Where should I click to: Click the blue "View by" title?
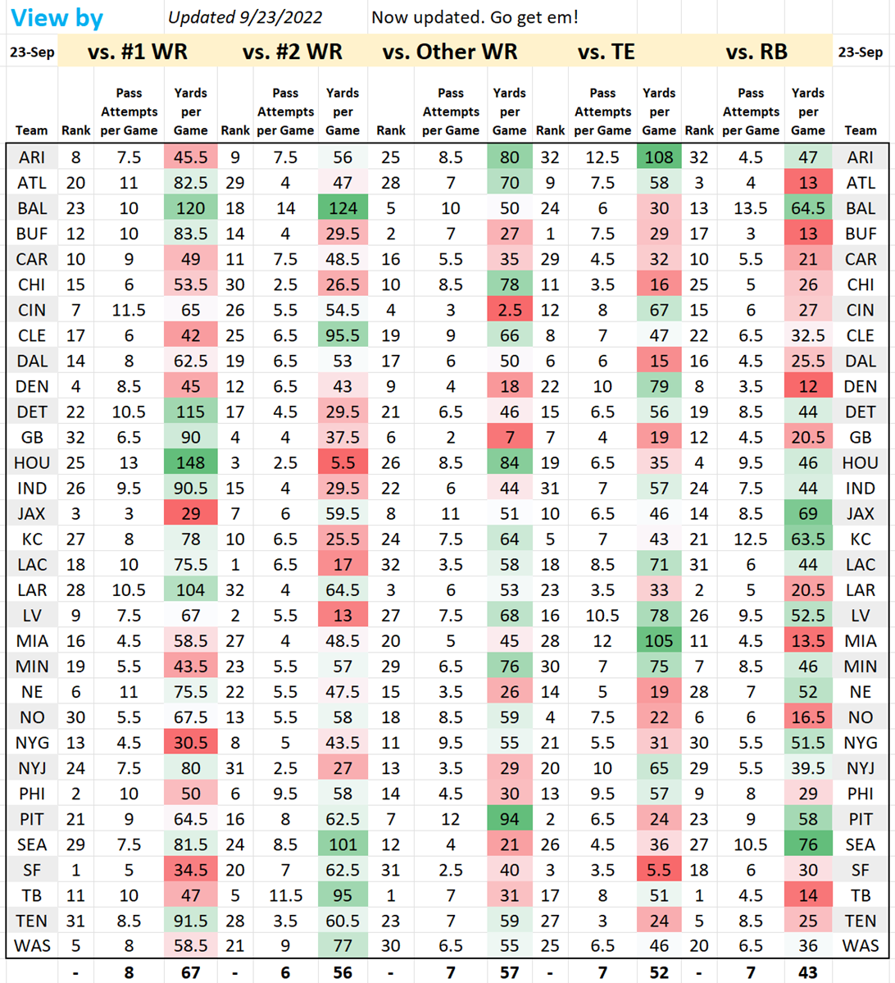(57, 17)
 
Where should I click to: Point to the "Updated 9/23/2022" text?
(245, 17)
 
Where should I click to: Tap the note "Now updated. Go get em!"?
(475, 17)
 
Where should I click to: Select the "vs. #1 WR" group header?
(137, 52)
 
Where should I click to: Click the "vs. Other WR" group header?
(450, 52)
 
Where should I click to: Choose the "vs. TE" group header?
(606, 52)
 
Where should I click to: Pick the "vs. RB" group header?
(756, 52)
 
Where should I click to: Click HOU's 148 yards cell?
(190, 462)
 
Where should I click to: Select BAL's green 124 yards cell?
(343, 208)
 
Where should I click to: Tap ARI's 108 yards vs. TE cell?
(659, 157)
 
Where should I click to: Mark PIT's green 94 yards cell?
(510, 819)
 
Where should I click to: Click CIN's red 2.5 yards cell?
(510, 310)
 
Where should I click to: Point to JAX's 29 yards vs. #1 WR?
(190, 513)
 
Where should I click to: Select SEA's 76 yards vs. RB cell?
(808, 844)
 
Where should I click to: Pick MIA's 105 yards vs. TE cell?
(659, 641)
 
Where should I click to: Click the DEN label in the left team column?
(32, 386)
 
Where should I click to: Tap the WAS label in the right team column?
(861, 946)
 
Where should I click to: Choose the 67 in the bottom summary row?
(190, 972)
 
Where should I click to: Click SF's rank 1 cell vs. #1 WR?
(75, 870)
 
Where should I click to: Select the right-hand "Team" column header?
(861, 130)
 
